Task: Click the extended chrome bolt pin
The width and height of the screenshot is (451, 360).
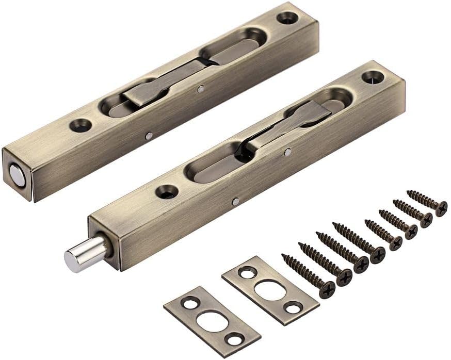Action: pos(80,254)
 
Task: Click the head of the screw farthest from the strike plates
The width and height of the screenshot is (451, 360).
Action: pos(441,207)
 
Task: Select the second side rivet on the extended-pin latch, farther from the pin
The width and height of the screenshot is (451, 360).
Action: pos(287,152)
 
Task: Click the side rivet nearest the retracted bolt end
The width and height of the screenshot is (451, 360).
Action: pos(149,136)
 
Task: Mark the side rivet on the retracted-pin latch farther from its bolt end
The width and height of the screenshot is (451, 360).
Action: pos(200,89)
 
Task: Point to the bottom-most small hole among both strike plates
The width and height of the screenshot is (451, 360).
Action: pos(234,339)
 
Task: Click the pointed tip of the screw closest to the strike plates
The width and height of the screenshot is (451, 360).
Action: pos(283,255)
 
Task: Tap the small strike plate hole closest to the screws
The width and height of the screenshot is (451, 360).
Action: pos(293,308)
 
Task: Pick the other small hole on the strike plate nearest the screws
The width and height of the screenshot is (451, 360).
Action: pos(247,272)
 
